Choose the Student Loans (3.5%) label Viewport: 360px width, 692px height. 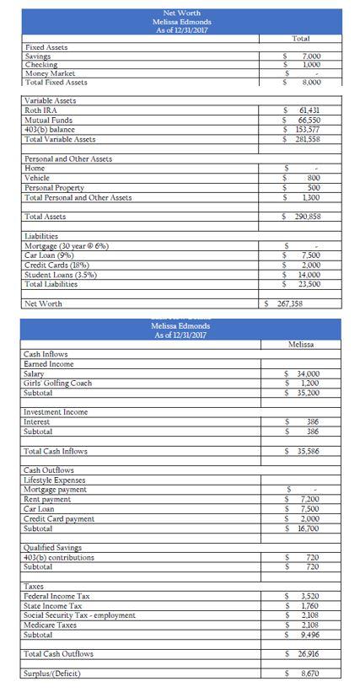tap(61, 274)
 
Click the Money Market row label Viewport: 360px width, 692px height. tap(50, 73)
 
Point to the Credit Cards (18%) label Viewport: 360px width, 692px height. tap(60, 265)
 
